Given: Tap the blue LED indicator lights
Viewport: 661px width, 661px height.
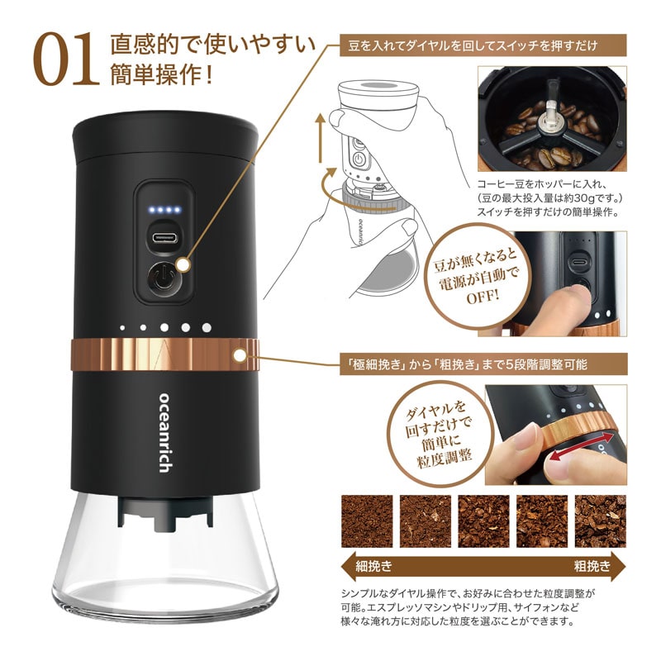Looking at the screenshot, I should pyautogui.click(x=162, y=210).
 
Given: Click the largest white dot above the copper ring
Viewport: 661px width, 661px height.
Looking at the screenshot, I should pyautogui.click(x=206, y=327).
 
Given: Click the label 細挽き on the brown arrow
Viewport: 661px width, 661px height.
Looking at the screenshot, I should pyautogui.click(x=374, y=566).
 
